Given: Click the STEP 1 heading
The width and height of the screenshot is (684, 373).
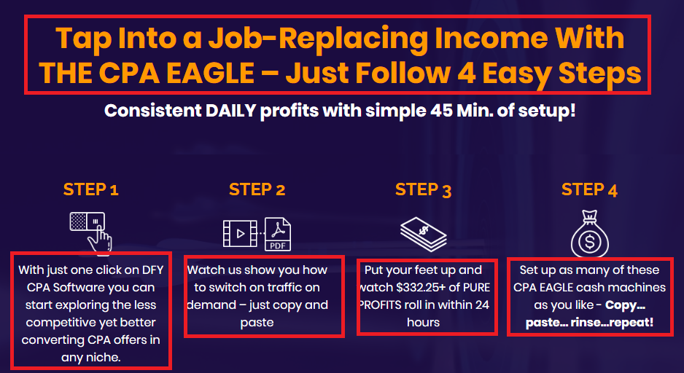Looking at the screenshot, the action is pos(90,189).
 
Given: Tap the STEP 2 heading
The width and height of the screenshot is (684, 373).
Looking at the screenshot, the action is pos(257,189).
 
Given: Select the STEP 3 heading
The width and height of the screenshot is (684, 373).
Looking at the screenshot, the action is pos(423,189).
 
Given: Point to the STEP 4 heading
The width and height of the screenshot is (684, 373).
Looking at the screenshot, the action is pos(589,189).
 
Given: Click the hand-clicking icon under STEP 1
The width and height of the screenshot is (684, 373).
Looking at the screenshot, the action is pos(90,232).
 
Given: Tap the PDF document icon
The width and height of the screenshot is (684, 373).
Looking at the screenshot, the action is pos(278,234).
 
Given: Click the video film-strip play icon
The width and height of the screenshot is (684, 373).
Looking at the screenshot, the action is pos(240,234).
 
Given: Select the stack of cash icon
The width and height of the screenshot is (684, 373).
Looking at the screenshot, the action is pos(423,234).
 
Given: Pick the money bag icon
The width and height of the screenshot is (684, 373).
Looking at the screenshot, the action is pos(590,234).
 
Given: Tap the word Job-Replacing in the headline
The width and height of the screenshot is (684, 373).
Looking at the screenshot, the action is pos(319,39).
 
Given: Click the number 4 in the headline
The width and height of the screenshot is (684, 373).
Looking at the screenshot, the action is pos(466,72).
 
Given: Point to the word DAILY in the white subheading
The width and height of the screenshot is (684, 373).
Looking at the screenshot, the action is pos(230,111).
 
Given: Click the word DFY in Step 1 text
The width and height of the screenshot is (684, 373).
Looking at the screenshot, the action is pos(152,270).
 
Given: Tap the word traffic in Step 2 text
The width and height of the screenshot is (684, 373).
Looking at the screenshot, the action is pos(272,288).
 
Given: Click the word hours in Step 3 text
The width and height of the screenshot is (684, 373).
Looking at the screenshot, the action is pos(423,323).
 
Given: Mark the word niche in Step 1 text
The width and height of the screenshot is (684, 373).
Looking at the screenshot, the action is pos(104,358).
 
